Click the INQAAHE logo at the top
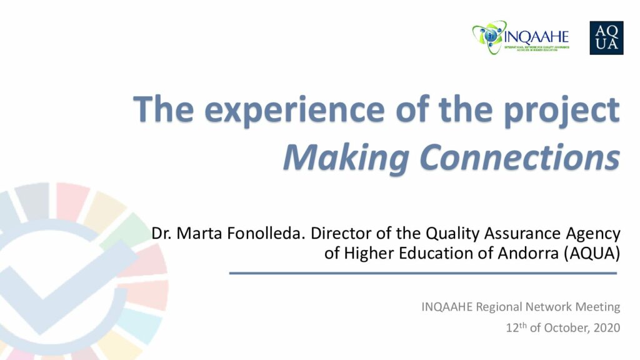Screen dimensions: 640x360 (x=521, y=37)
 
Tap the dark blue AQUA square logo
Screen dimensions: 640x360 (x=606, y=38)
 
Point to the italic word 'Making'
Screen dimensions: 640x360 (x=346, y=158)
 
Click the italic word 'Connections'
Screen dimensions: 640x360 (x=520, y=157)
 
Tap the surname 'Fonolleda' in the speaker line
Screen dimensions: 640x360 (x=266, y=234)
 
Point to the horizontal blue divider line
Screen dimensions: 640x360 (x=423, y=273)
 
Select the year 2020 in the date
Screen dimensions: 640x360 (x=607, y=327)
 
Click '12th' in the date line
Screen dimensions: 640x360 (x=516, y=327)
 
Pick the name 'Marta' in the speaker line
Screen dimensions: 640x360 (x=199, y=234)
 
